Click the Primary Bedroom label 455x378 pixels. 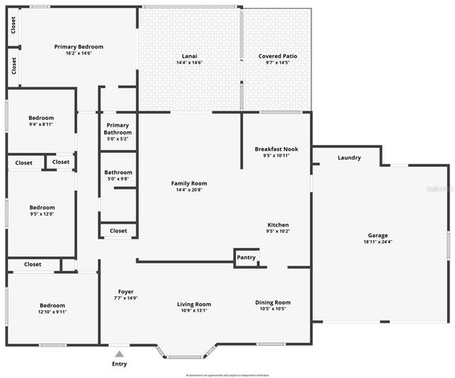click(x=78, y=47)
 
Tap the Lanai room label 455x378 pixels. click(x=189, y=57)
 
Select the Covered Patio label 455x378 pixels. click(x=278, y=57)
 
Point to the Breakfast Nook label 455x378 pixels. click(x=277, y=149)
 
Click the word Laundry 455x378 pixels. click(x=349, y=157)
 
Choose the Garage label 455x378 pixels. click(x=378, y=235)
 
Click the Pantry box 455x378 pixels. click(x=246, y=257)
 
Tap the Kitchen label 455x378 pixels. click(x=278, y=224)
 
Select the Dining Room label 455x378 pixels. click(x=273, y=302)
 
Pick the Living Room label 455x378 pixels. click(x=193, y=304)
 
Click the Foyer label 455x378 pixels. click(x=126, y=291)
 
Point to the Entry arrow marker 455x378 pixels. click(x=119, y=354)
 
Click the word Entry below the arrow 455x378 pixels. click(x=119, y=364)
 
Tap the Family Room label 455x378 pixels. click(x=189, y=183)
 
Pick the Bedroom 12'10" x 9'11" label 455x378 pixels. click(x=53, y=306)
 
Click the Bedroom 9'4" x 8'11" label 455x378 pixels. click(x=41, y=118)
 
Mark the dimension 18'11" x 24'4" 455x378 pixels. click(x=378, y=243)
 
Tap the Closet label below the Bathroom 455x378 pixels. click(x=118, y=231)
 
